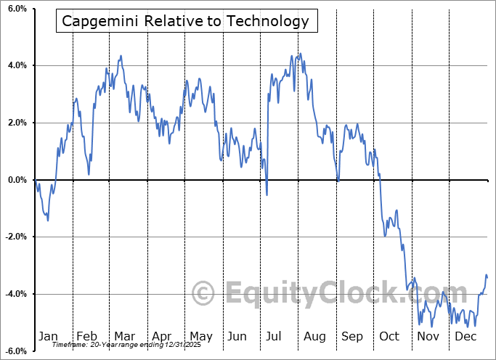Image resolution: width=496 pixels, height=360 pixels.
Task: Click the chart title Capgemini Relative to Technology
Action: click(x=186, y=21)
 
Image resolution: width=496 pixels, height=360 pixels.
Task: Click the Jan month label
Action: click(x=48, y=336)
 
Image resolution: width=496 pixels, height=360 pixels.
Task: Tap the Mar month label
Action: click(x=124, y=336)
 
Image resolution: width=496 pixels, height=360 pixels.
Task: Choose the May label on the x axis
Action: click(x=200, y=336)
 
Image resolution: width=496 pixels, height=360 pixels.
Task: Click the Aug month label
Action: click(x=315, y=336)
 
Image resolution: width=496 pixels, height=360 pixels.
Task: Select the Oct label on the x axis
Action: click(x=389, y=336)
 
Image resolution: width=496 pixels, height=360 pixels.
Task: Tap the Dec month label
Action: click(x=465, y=336)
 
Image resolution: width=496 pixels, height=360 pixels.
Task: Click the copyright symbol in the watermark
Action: click(x=203, y=294)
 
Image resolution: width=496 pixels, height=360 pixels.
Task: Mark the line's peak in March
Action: click(x=121, y=55)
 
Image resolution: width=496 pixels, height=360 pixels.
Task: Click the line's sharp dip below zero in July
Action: click(x=267, y=195)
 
